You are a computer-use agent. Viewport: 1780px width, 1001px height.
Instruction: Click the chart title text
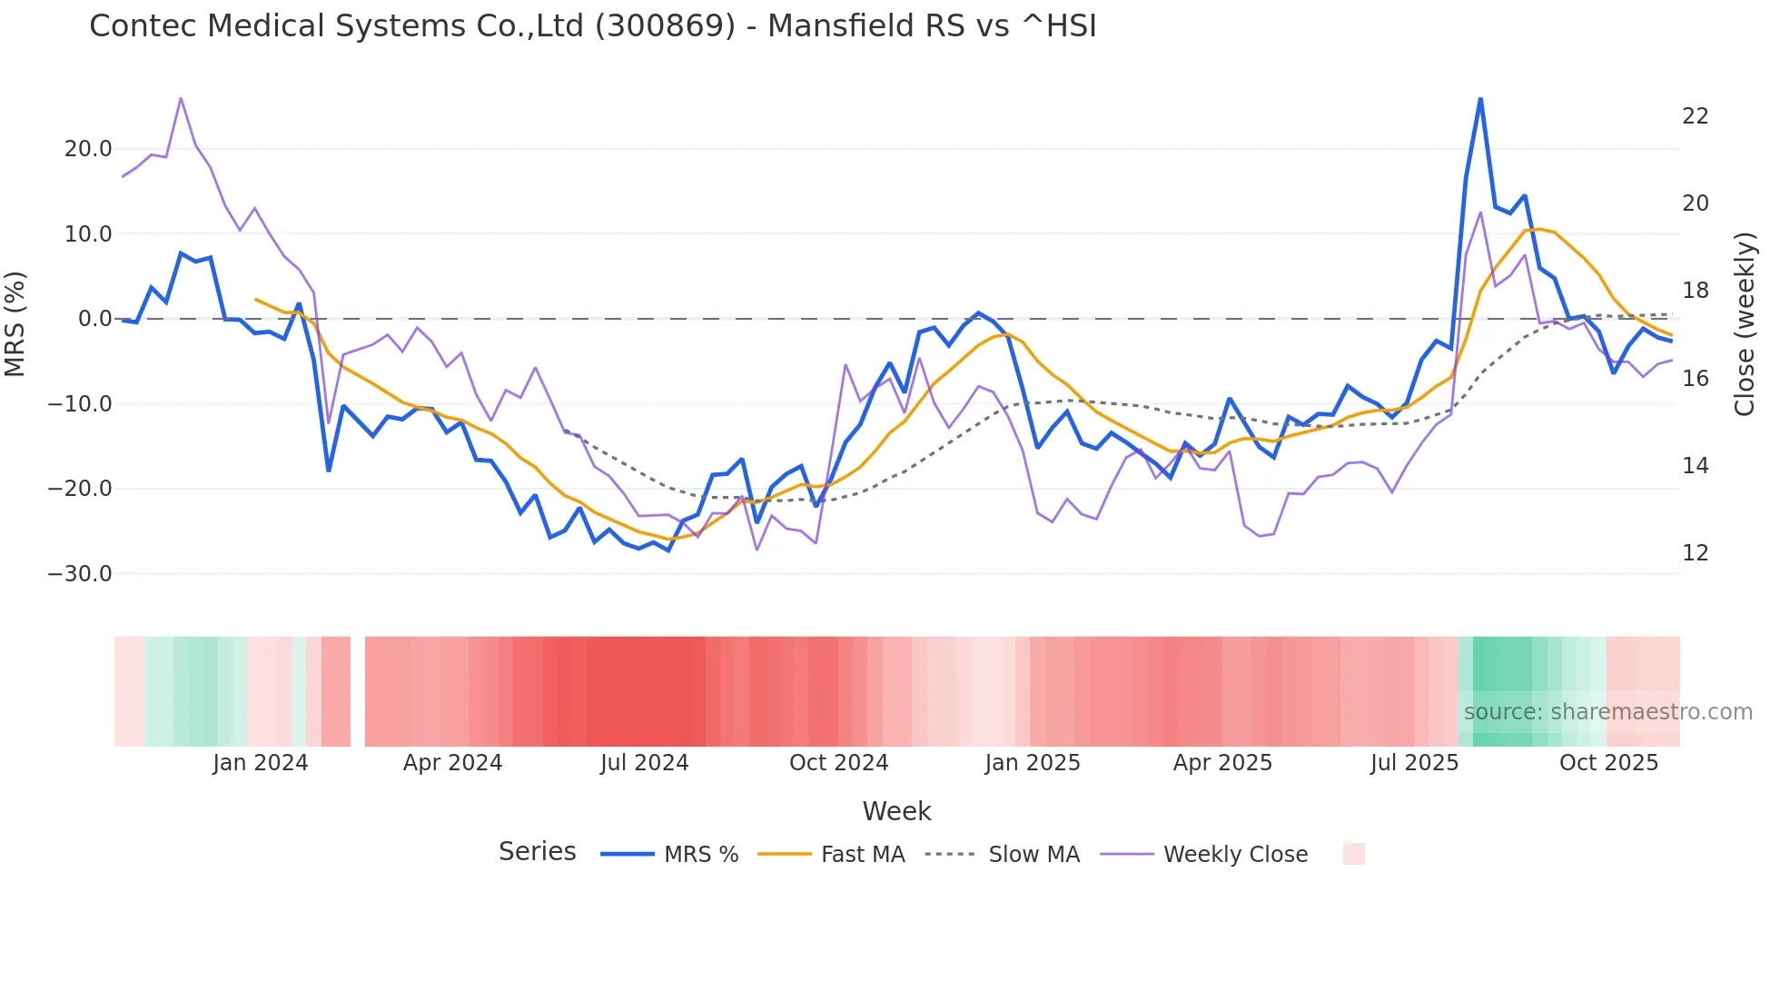pos(592,26)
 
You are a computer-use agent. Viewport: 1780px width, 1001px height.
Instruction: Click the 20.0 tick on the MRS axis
pos(88,149)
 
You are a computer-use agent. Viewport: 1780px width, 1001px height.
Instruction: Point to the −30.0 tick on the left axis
pos(80,574)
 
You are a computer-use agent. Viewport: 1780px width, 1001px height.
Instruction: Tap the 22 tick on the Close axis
pos(1695,116)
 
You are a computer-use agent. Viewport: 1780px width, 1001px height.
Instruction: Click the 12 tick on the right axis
pos(1695,553)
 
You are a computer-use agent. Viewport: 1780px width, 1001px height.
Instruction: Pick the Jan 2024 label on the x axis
pos(261,763)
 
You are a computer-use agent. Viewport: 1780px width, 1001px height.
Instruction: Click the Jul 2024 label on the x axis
pos(644,763)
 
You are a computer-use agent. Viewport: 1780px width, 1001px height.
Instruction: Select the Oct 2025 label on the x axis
pos(1608,763)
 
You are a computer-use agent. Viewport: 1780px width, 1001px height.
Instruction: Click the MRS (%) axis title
pos(15,324)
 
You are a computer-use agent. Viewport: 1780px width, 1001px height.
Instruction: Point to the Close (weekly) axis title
pos(1745,324)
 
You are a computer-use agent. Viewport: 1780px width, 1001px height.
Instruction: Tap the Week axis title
pos(896,811)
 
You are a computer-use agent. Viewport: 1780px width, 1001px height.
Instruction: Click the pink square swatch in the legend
pos(1353,855)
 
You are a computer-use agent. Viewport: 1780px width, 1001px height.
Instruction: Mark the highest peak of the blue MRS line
pos(1480,99)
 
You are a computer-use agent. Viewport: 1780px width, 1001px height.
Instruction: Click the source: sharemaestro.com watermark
pos(1607,712)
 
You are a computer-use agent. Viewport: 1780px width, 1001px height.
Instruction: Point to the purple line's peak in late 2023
pos(181,98)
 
